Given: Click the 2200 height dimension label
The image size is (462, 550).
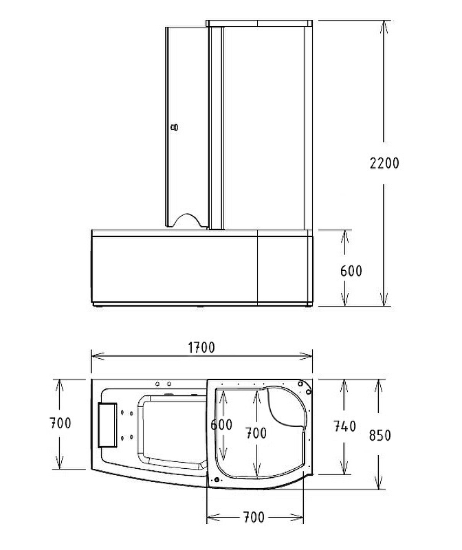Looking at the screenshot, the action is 384,163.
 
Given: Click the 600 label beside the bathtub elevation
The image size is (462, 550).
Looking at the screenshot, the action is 351,271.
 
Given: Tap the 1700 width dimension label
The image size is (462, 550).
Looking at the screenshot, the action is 201,347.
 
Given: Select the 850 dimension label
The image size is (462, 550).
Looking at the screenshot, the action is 380,435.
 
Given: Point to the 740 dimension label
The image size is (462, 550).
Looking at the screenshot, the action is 345,426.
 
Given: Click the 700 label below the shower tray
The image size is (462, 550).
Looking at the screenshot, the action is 254,517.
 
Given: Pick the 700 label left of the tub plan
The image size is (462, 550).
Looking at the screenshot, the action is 60,423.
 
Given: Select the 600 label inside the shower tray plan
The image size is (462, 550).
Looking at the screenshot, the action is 221,425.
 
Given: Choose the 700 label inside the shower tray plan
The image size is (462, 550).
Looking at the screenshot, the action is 256,433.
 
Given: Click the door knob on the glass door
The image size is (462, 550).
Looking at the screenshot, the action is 175,127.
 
